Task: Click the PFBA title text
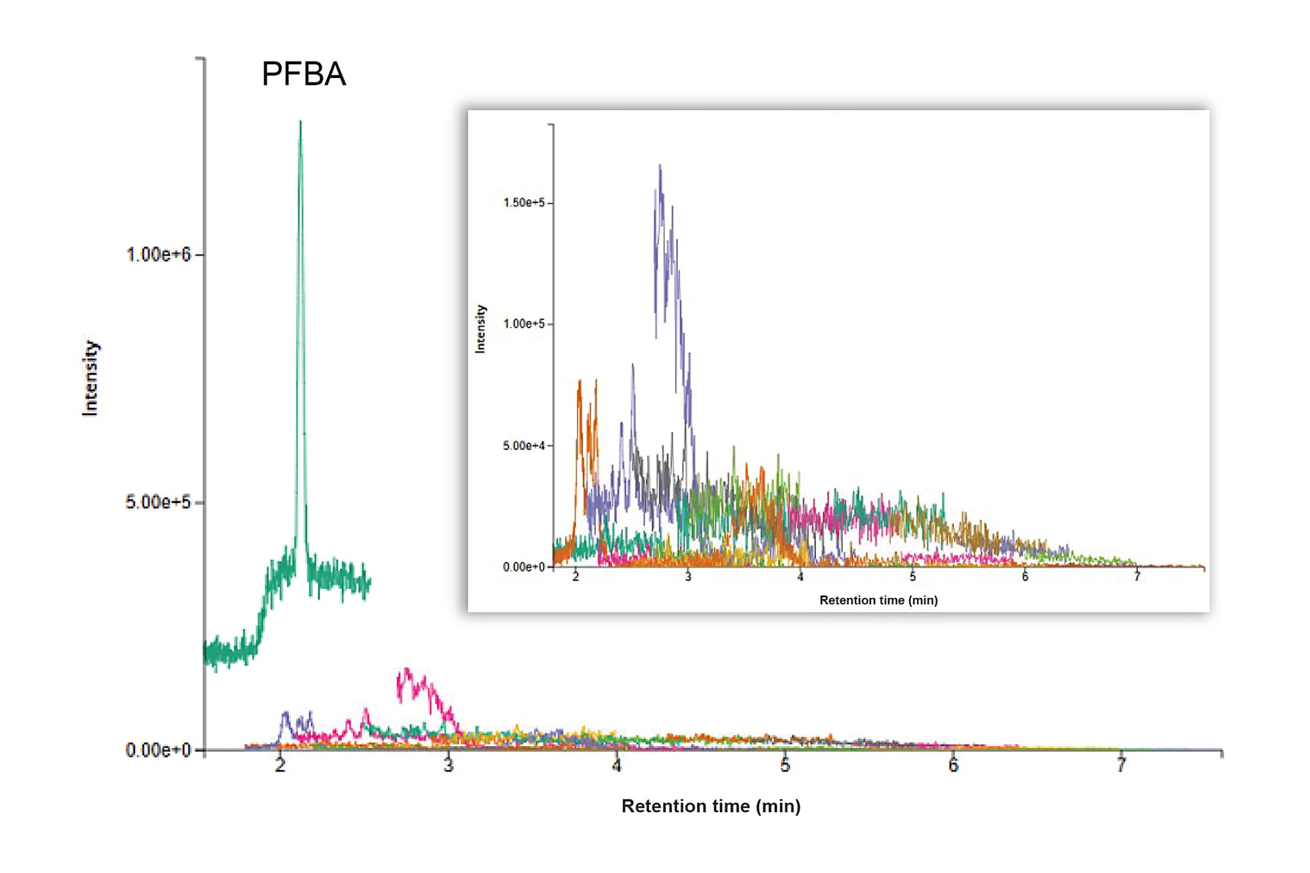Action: (303, 73)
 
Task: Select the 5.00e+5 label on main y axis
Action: (158, 502)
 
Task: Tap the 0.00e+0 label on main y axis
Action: (158, 750)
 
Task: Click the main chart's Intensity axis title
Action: (90, 378)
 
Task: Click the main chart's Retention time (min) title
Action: (711, 806)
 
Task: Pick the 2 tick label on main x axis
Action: (280, 765)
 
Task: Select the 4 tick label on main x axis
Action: (616, 765)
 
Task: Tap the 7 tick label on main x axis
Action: (1121, 765)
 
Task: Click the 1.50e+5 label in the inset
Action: (524, 202)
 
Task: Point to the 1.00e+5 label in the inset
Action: (524, 324)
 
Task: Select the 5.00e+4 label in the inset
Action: (524, 445)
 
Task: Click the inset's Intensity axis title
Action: (481, 329)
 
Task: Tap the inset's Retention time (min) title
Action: (878, 600)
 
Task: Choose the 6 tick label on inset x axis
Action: (1025, 576)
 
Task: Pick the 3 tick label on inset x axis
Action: (688, 576)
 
